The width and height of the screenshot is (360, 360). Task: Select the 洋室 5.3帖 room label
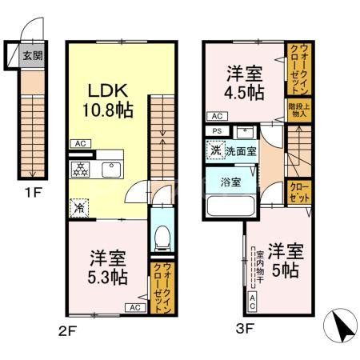click(106, 268)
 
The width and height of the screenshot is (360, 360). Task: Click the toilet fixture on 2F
click(160, 236)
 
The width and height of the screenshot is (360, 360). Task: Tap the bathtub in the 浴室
click(232, 206)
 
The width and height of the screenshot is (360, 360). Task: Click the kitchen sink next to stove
click(109, 168)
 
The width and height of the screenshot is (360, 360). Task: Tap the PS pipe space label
click(217, 130)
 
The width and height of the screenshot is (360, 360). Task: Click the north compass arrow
click(342, 328)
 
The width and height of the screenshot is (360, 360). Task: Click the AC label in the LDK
click(81, 144)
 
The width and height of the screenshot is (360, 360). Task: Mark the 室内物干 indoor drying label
click(259, 271)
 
